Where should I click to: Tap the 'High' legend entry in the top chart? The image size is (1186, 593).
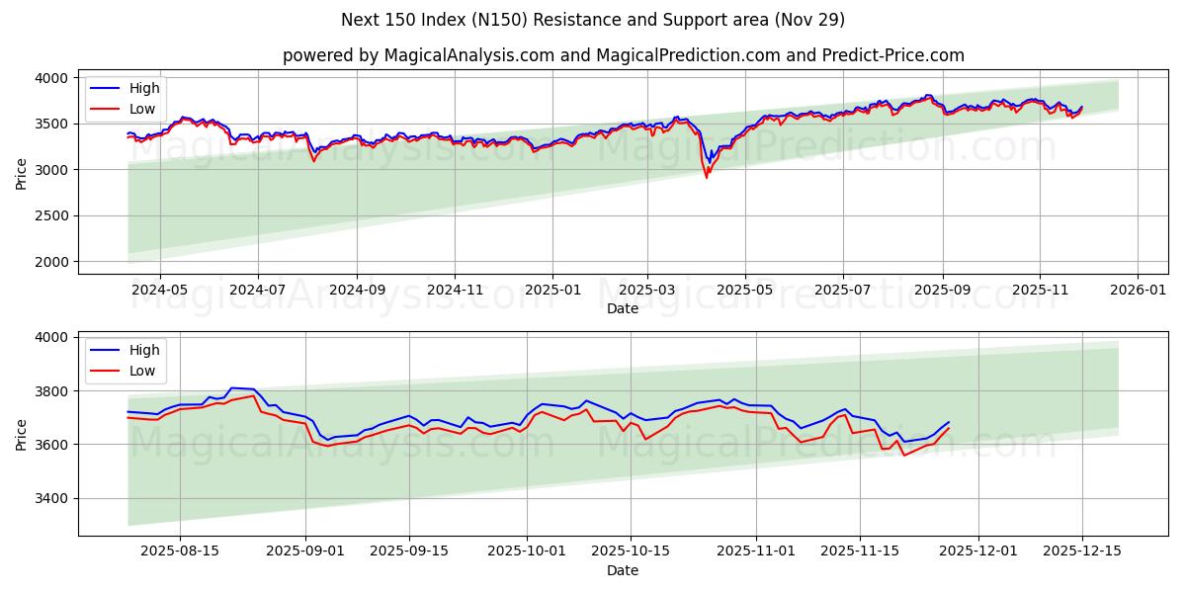[143, 88]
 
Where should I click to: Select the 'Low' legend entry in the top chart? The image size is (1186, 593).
[143, 109]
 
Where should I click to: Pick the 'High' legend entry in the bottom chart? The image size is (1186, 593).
[143, 350]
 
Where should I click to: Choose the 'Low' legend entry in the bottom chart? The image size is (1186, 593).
[143, 371]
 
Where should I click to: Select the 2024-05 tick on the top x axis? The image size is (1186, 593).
[159, 291]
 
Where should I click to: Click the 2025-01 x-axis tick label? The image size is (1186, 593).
[551, 291]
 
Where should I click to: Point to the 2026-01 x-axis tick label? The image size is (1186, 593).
[1138, 291]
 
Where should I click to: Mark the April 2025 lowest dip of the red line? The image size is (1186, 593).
[707, 178]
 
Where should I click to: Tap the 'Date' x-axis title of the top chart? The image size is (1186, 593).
[623, 308]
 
